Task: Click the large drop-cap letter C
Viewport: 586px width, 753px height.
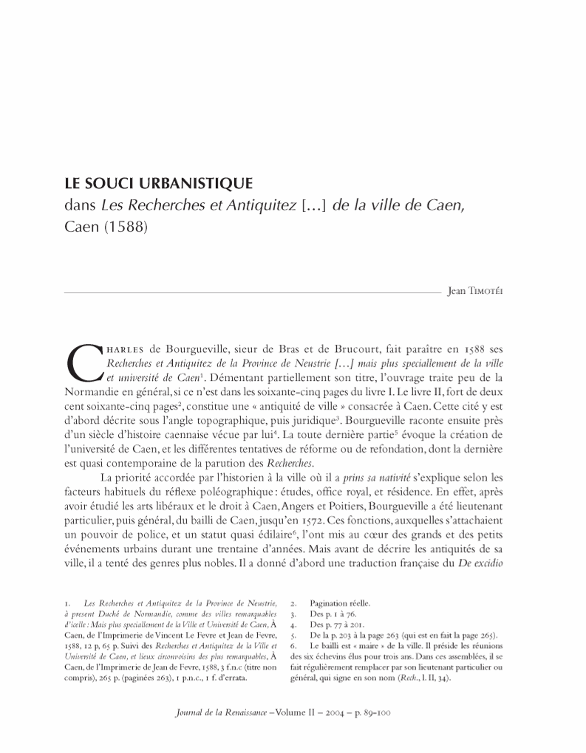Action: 82,362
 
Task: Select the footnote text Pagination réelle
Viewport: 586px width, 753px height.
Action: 346,602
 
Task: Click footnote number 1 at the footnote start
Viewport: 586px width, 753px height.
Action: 68,602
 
